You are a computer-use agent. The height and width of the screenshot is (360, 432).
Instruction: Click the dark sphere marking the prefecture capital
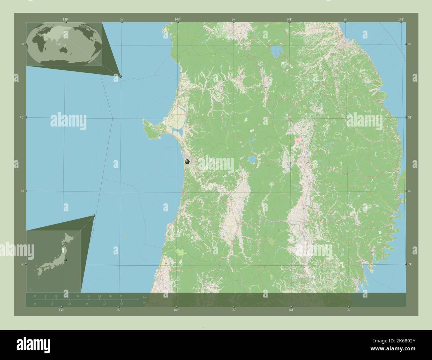[187, 161]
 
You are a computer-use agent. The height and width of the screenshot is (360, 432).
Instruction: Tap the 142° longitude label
[401, 19]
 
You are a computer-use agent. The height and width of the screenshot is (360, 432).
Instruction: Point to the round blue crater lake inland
[252, 160]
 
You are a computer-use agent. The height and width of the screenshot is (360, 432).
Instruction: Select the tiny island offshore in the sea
[126, 237]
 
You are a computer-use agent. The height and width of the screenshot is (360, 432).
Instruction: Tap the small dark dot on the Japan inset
[66, 260]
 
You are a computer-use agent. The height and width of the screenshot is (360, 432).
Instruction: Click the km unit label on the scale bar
[145, 297]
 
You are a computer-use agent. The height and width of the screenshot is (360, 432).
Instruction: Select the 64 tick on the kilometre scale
[121, 296]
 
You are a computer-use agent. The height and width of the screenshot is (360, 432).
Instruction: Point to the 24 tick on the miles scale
[87, 304]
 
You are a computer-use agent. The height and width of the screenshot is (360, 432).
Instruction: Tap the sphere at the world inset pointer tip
[120, 76]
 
